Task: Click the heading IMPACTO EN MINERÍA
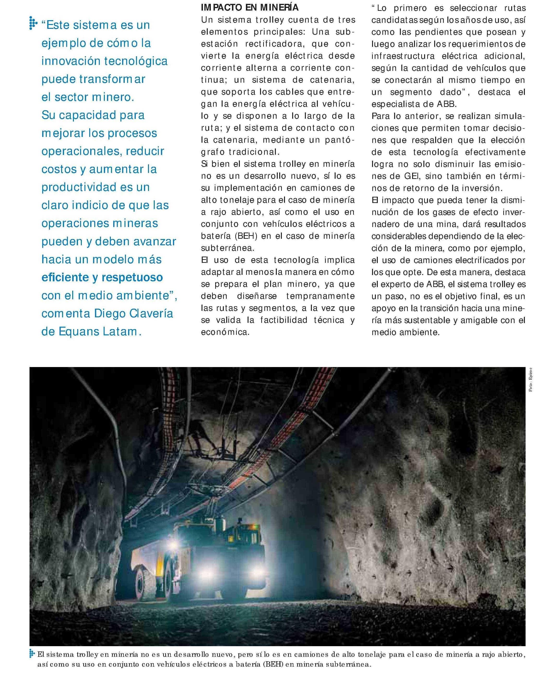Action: pyautogui.click(x=250, y=7)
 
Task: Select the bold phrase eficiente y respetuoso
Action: pyautogui.click(x=102, y=277)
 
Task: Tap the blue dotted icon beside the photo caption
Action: pyautogui.click(x=32, y=654)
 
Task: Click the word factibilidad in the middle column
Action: pyautogui.click(x=284, y=320)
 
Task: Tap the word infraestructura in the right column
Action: pyautogui.click(x=403, y=56)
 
